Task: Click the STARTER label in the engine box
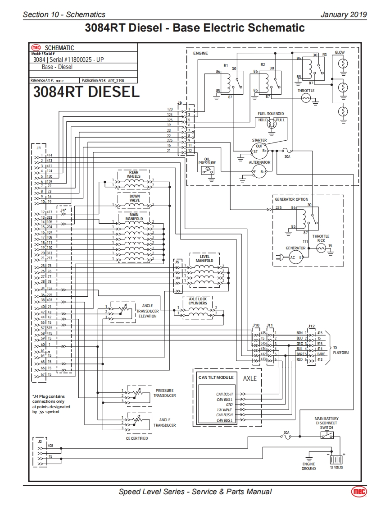click(259, 140)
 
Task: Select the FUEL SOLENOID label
click(271, 113)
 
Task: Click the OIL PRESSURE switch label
click(207, 161)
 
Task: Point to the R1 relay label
click(226, 64)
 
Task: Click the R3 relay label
click(324, 55)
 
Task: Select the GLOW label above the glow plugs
click(340, 52)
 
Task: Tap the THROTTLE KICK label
click(321, 238)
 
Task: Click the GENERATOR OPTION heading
click(292, 199)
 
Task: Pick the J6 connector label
click(180, 102)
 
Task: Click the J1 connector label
click(39, 147)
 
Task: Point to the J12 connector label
click(311, 326)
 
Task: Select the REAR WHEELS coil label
click(134, 174)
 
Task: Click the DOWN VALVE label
click(135, 198)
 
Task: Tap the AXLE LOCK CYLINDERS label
click(198, 301)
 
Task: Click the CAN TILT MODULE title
click(216, 377)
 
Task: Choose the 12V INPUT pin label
click(225, 409)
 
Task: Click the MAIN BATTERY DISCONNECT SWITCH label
click(327, 423)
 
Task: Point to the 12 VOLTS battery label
click(336, 468)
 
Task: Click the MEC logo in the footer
click(359, 492)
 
